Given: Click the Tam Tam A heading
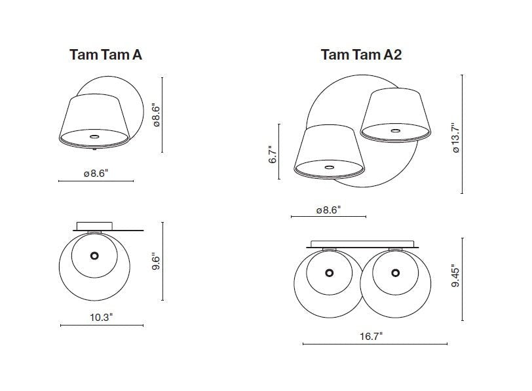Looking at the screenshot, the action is point(105,54).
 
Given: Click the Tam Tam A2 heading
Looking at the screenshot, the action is point(362,54).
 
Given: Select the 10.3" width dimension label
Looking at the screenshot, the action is point(101,318).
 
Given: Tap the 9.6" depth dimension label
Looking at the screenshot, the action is point(156,261).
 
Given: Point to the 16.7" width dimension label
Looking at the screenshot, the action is point(371,337).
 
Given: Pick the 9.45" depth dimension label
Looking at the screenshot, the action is point(455,278).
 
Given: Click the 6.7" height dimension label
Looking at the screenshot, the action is point(273,155).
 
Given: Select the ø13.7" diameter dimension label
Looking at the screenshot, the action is point(455,138).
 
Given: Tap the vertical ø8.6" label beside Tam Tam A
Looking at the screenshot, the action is point(156,115).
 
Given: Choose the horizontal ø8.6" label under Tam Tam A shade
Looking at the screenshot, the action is point(96,174).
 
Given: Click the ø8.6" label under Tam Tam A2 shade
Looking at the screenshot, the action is point(328,210).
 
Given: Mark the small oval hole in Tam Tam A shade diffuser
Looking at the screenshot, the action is point(94,137).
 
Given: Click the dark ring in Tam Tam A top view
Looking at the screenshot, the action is point(94,255).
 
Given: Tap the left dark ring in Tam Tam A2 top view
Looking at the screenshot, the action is point(329,272).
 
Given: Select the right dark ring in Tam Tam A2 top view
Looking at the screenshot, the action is point(395,272).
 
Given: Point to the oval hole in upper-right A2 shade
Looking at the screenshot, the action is point(395,130).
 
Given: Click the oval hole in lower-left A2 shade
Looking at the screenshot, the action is point(329,167).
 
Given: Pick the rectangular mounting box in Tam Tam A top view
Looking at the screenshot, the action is point(94,226).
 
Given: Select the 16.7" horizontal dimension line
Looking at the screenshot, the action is point(375,344).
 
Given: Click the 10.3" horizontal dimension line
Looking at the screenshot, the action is point(102,326).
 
